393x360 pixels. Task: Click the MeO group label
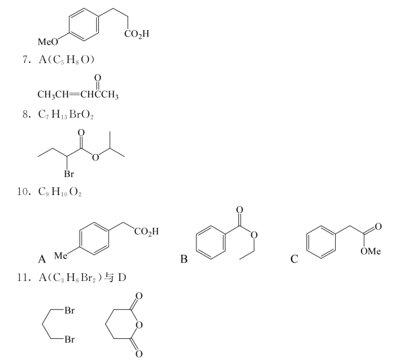tap(48, 42)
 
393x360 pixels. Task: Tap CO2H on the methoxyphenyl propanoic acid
tap(137, 34)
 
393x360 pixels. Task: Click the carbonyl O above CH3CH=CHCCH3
tap(98, 78)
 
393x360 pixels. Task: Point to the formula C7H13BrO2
tap(65, 115)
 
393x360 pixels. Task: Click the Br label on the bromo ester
tap(69, 174)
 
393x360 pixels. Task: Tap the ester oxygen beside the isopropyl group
tap(95, 157)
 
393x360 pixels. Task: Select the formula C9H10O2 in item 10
tap(60, 192)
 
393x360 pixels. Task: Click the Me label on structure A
tap(60, 255)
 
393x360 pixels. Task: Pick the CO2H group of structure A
tap(146, 231)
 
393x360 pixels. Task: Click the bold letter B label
tap(184, 259)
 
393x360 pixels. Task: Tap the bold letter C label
tap(294, 259)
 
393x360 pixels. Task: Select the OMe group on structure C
tap(371, 251)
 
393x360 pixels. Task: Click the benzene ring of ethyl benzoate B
tap(211, 242)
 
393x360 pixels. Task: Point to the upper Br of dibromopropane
tap(69, 311)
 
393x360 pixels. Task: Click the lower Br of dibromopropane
tap(69, 339)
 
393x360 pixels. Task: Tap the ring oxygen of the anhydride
tap(139, 325)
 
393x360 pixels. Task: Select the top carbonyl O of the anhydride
tap(139, 296)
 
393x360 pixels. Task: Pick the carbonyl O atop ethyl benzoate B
tap(240, 209)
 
